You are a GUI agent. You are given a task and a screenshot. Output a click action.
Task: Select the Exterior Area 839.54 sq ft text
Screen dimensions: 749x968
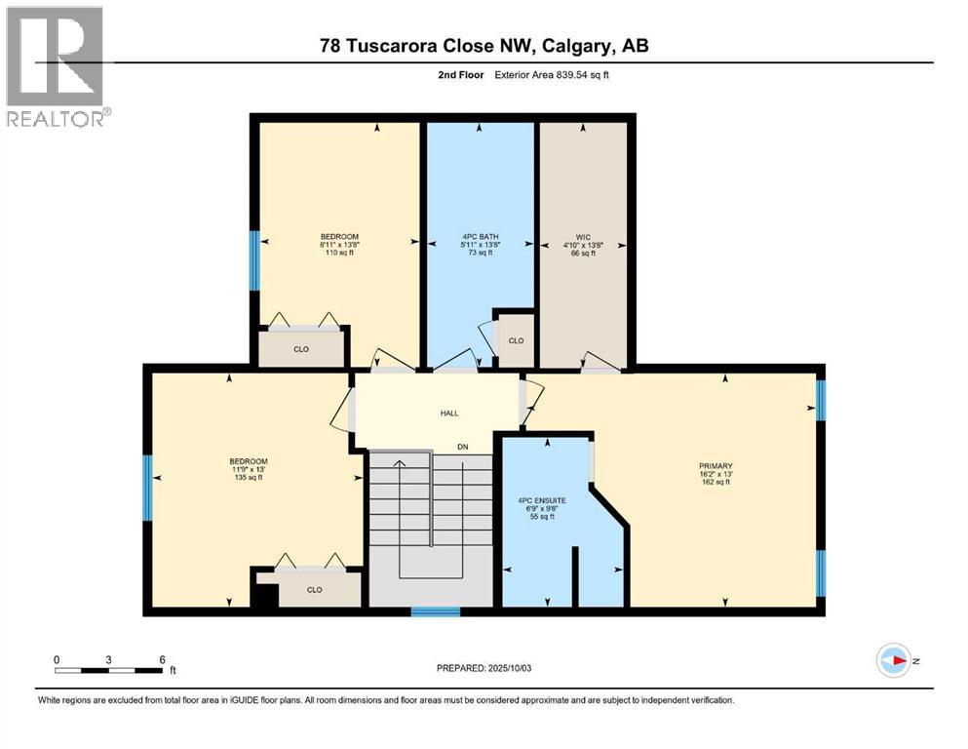tap(557, 75)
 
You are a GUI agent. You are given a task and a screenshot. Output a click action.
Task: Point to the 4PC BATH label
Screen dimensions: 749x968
tap(478, 235)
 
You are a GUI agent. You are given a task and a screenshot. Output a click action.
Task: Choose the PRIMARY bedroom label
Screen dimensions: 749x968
tap(721, 466)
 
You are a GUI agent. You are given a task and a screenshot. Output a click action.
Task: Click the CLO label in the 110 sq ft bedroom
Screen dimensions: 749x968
tap(301, 349)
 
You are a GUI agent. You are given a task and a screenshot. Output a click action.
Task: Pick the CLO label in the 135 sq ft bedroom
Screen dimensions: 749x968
tap(314, 589)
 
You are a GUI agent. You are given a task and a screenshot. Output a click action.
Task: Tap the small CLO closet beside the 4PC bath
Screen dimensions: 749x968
tap(516, 340)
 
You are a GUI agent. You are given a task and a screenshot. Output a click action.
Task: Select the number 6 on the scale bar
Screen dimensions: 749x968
tap(161, 659)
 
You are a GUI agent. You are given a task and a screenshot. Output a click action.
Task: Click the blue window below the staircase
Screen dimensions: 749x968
tap(435, 612)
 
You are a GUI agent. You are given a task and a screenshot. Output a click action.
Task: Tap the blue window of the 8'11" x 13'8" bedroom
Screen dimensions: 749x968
tap(254, 260)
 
